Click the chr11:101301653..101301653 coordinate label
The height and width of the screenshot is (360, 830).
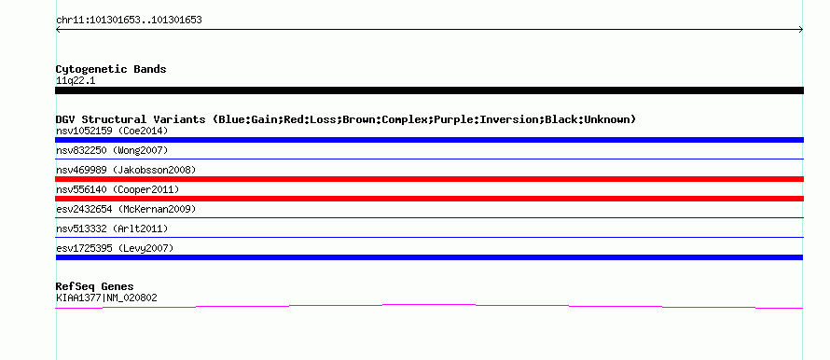[x=129, y=21]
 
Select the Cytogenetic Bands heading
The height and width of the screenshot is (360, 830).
[x=111, y=69]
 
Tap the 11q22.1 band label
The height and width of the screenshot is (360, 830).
[x=76, y=81]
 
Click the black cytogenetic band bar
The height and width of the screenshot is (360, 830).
[x=429, y=90]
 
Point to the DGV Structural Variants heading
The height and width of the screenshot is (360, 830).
[x=346, y=119]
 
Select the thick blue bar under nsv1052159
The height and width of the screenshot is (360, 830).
[x=429, y=140]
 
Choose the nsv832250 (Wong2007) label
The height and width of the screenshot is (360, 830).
[x=112, y=150]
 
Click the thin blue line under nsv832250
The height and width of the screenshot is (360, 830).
[x=429, y=159]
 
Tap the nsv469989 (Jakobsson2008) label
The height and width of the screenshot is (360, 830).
[x=126, y=170]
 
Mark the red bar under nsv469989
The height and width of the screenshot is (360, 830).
[x=429, y=179]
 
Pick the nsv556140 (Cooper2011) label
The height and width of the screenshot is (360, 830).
[x=118, y=189]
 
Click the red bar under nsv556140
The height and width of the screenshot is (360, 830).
[x=429, y=199]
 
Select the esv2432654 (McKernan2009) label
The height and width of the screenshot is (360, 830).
[x=126, y=209]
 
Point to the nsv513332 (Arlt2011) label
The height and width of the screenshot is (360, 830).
[x=112, y=228]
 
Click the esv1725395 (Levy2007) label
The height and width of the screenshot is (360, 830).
[x=115, y=248]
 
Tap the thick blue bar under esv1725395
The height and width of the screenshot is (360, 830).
[x=429, y=257]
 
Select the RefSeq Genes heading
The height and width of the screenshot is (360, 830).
[x=95, y=287]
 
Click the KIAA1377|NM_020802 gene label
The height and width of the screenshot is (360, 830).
[x=106, y=298]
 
